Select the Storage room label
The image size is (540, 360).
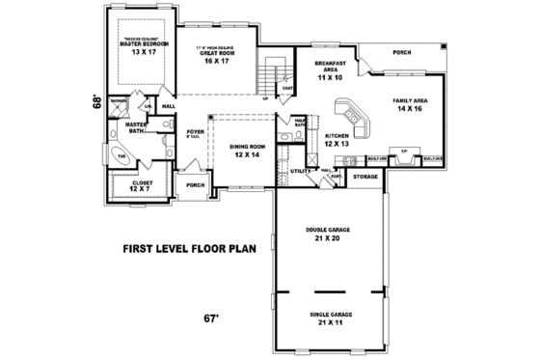click(x=364, y=178)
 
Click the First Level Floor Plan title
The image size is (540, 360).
click(x=189, y=247)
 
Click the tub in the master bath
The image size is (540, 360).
click(x=121, y=156)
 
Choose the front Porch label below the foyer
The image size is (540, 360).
click(x=194, y=185)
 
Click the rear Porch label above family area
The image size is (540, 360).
click(x=403, y=52)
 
